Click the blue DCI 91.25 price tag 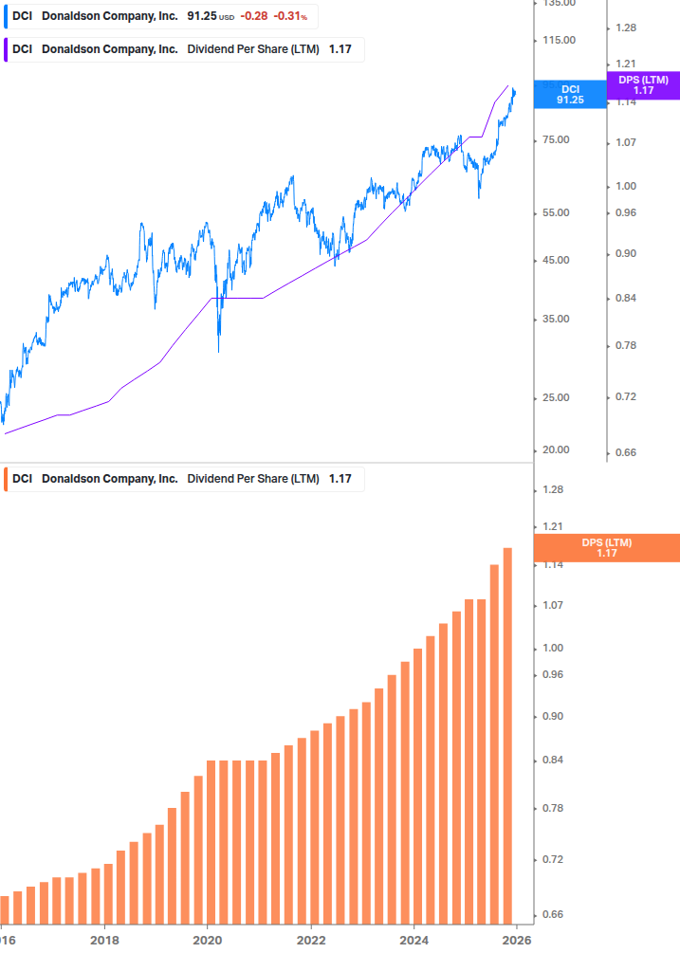569,94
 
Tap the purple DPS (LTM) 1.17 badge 642,85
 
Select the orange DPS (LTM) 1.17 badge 606,548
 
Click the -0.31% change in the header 290,16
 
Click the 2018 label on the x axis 104,941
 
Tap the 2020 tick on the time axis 208,941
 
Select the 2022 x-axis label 311,941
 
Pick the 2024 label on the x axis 414,941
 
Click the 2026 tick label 516,941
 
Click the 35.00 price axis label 556,319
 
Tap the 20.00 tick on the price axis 556,450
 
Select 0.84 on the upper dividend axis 626,299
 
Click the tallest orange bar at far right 507,735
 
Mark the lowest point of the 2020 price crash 219,352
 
